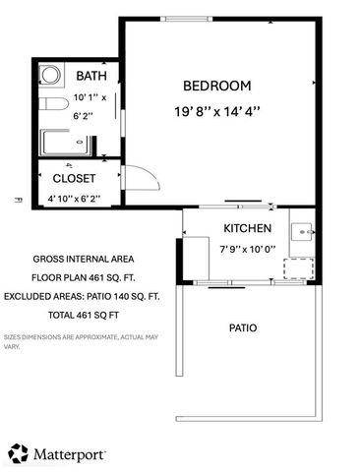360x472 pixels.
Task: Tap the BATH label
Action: pos(91,76)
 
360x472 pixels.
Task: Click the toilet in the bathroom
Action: pos(51,103)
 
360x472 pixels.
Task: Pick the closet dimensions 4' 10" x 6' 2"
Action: pos(74,200)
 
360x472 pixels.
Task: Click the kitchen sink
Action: pos(301,233)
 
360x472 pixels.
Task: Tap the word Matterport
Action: pos(71,454)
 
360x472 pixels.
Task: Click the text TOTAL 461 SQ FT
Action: pos(84,316)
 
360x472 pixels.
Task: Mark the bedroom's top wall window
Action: pos(192,19)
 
